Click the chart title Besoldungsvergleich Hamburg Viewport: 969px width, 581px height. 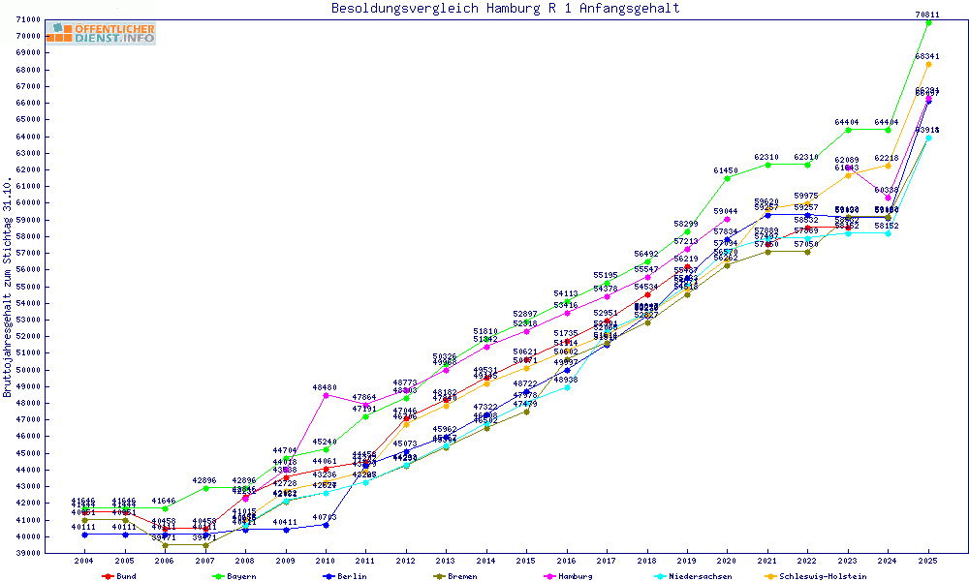point(505,9)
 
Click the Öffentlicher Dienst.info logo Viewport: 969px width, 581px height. point(101,34)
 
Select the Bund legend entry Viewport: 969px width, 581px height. point(119,576)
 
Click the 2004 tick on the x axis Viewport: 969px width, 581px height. point(84,561)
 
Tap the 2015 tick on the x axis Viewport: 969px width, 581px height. point(526,561)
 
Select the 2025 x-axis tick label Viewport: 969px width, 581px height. point(928,561)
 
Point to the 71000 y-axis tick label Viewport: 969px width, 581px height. point(28,20)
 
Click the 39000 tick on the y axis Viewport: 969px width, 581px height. point(28,553)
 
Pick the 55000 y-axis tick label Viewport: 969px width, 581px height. point(28,287)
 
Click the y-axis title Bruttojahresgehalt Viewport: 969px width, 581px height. point(9,288)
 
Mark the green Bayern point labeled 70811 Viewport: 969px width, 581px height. point(928,23)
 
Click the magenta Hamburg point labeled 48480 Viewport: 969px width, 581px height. point(326,395)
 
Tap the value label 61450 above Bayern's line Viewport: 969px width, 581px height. point(727,170)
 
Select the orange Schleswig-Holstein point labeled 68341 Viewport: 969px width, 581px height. point(928,65)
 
